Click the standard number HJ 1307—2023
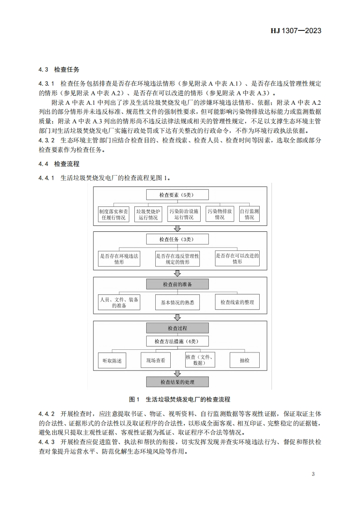tap(296, 31)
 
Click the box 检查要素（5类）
tap(177, 195)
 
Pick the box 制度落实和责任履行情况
tap(113, 214)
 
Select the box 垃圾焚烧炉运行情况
tap(147, 214)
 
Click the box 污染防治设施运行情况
tap(184, 214)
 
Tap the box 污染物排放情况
tap(220, 214)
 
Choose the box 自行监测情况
tap(250, 214)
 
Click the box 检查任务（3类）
tap(177, 239)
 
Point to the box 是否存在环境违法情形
tap(119, 259)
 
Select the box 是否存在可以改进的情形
tap(237, 259)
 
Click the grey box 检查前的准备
tap(177, 284)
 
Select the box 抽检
tap(245, 360)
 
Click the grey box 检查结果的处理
tap(177, 382)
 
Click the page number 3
tap(313, 474)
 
